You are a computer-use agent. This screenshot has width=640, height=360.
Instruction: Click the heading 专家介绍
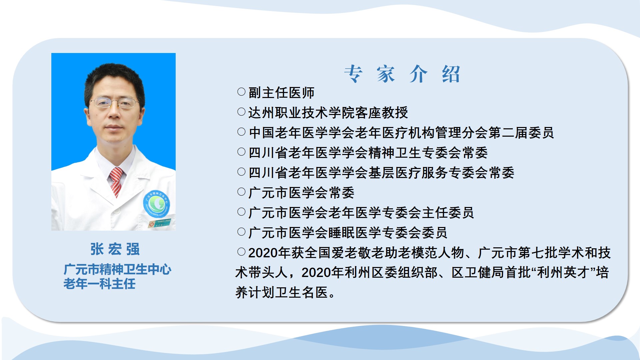click(x=402, y=74)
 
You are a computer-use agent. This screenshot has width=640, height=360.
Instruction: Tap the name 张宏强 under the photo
click(x=115, y=249)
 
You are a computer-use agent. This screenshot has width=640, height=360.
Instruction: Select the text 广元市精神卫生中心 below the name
click(x=117, y=269)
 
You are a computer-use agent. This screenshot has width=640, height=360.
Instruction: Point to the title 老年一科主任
click(x=99, y=284)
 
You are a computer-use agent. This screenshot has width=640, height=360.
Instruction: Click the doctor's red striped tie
click(x=116, y=182)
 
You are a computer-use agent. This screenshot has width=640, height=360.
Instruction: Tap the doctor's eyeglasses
click(x=114, y=103)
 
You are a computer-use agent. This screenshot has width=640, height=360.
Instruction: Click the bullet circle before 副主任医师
click(x=241, y=92)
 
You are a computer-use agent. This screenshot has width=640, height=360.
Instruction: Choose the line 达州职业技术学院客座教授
click(x=328, y=113)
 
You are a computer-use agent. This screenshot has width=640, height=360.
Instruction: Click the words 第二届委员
click(x=521, y=133)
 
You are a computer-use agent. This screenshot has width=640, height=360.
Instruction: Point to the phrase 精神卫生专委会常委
click(x=428, y=153)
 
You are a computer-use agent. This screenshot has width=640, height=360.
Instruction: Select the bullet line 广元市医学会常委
click(x=301, y=193)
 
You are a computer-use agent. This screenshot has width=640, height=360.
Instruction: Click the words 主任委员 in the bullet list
click(x=448, y=213)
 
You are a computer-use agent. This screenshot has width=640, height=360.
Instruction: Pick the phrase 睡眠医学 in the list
click(x=355, y=233)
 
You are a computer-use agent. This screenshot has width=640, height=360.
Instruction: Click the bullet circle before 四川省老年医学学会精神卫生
click(x=241, y=152)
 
